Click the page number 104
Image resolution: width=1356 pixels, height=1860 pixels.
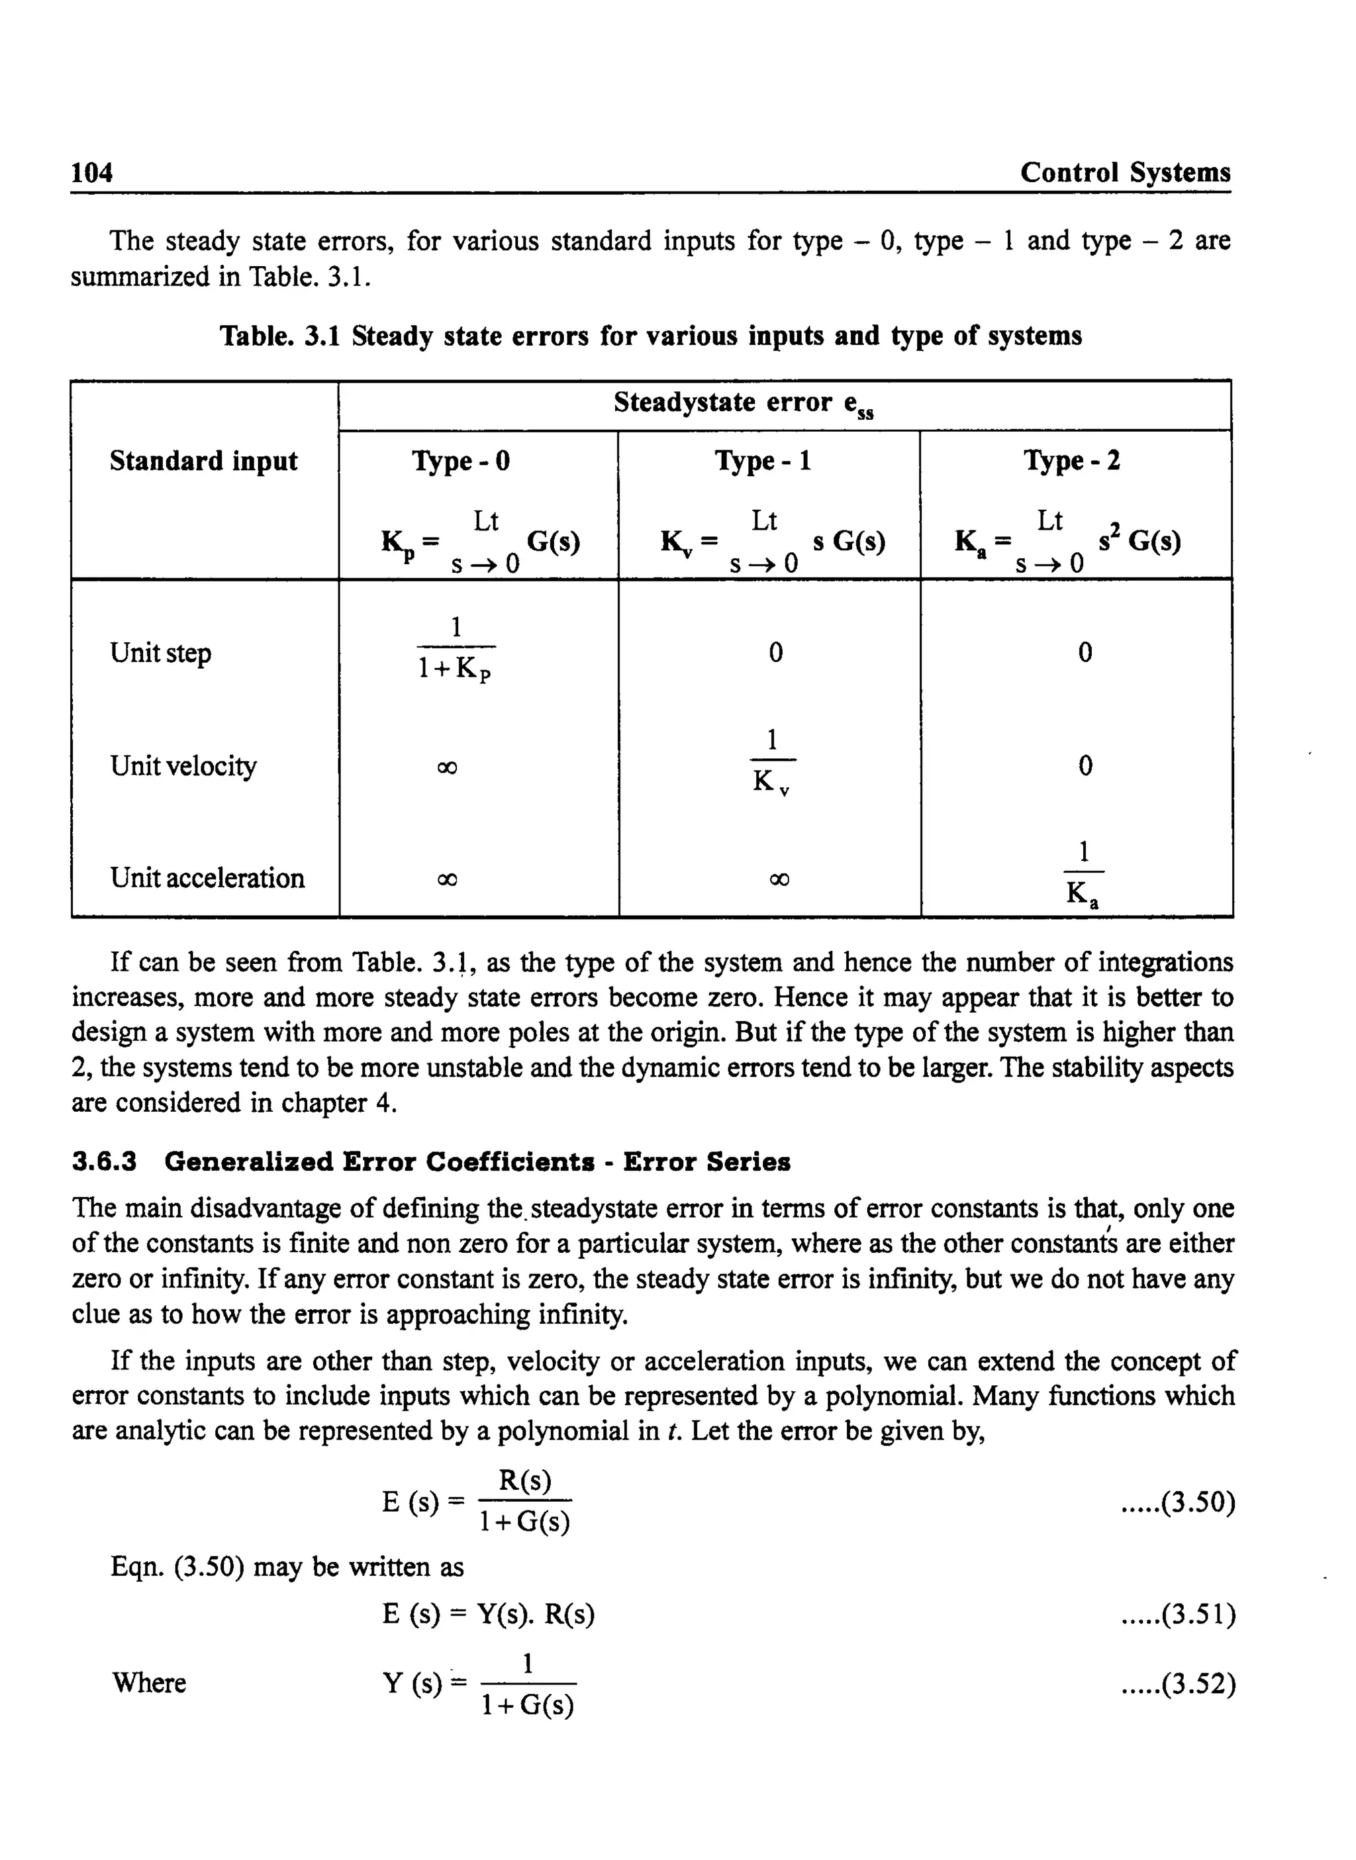tap(92, 172)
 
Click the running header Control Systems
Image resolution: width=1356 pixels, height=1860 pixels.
tap(1124, 172)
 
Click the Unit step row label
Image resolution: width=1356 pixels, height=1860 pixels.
tap(161, 653)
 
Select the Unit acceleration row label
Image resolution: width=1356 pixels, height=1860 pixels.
tap(207, 878)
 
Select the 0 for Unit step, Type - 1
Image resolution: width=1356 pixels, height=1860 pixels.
tap(776, 653)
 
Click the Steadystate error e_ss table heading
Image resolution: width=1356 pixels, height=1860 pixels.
tap(744, 404)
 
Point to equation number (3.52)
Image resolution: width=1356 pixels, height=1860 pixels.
tap(1178, 1685)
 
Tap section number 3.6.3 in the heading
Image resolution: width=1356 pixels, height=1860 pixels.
tap(104, 1162)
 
